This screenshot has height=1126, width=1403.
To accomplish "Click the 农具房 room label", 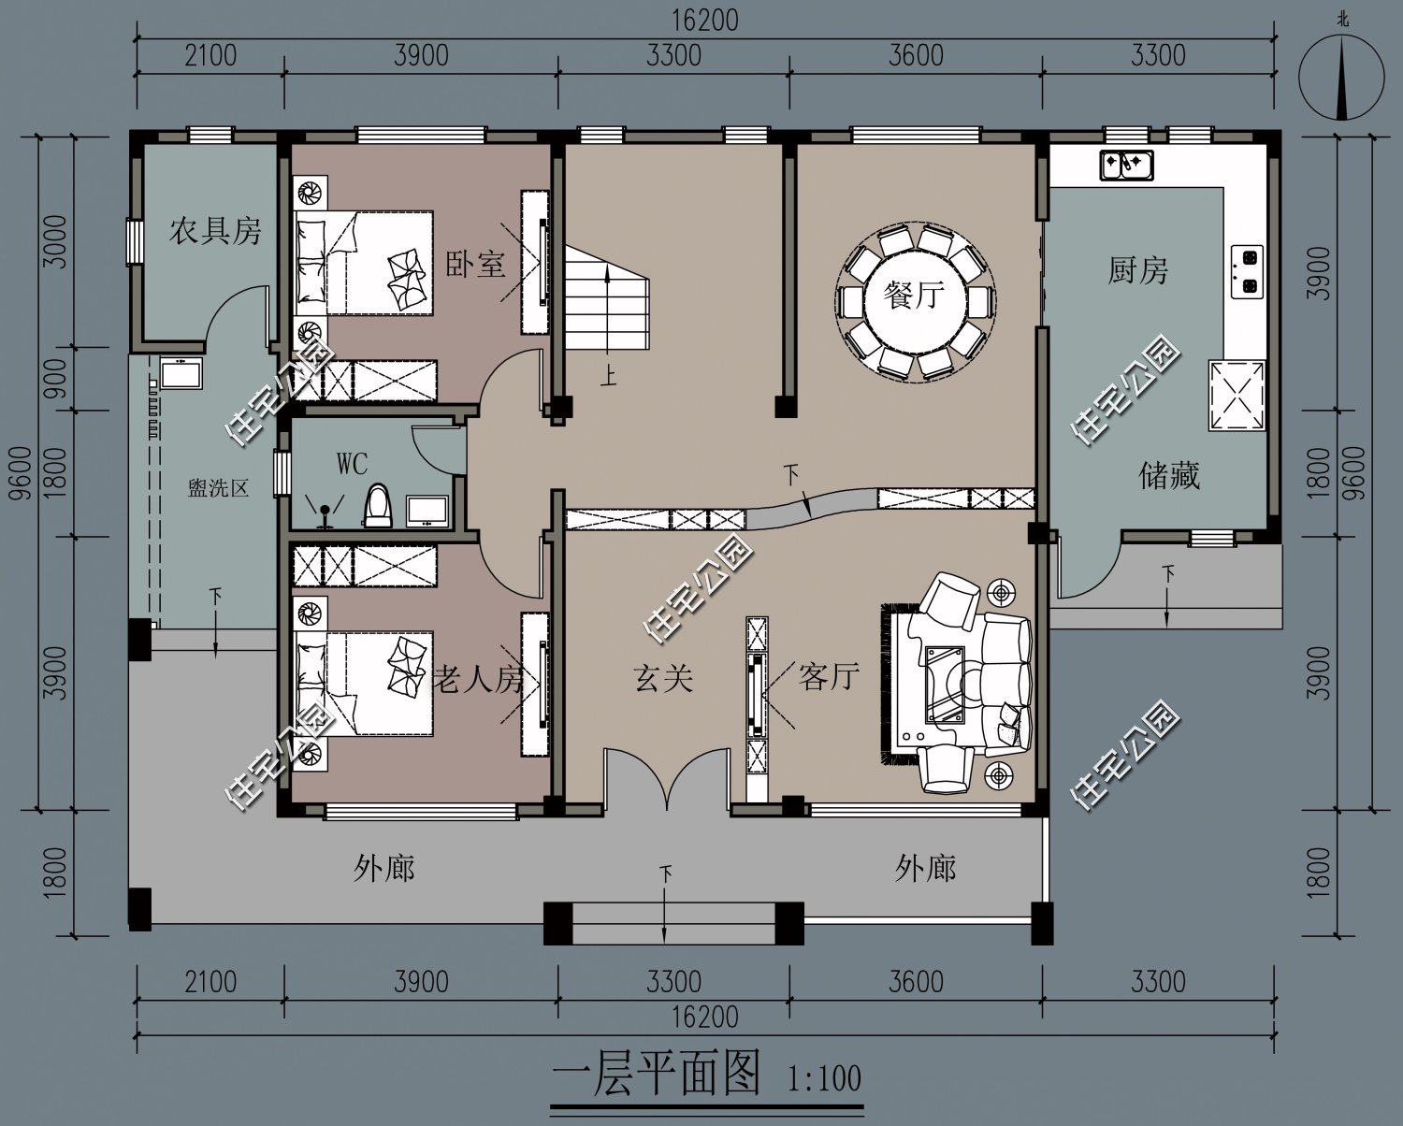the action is tap(215, 231).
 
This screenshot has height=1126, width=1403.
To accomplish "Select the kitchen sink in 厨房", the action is tap(1126, 165).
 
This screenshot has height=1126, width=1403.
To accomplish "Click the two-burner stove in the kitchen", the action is tap(1247, 272).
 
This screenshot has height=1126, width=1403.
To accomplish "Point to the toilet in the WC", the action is tap(378, 505).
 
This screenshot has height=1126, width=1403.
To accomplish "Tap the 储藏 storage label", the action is tap(1169, 475).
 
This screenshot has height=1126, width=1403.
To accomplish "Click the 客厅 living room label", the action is tap(829, 677).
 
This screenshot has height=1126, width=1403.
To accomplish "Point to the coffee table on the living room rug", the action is tap(945, 685).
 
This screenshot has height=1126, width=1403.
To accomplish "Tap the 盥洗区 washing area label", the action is tap(219, 487).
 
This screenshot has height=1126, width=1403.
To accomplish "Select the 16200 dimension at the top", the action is tap(705, 21).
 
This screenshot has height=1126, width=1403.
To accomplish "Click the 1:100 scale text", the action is tap(824, 1079).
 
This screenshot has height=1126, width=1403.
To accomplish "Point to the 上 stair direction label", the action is tap(608, 376).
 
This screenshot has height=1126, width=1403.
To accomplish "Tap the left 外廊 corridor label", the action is tap(384, 869).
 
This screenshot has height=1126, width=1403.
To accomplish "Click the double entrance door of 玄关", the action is tap(666, 778).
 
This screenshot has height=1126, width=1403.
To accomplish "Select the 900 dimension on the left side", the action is tap(57, 379).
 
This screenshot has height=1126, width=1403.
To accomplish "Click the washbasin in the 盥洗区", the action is tap(181, 373).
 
